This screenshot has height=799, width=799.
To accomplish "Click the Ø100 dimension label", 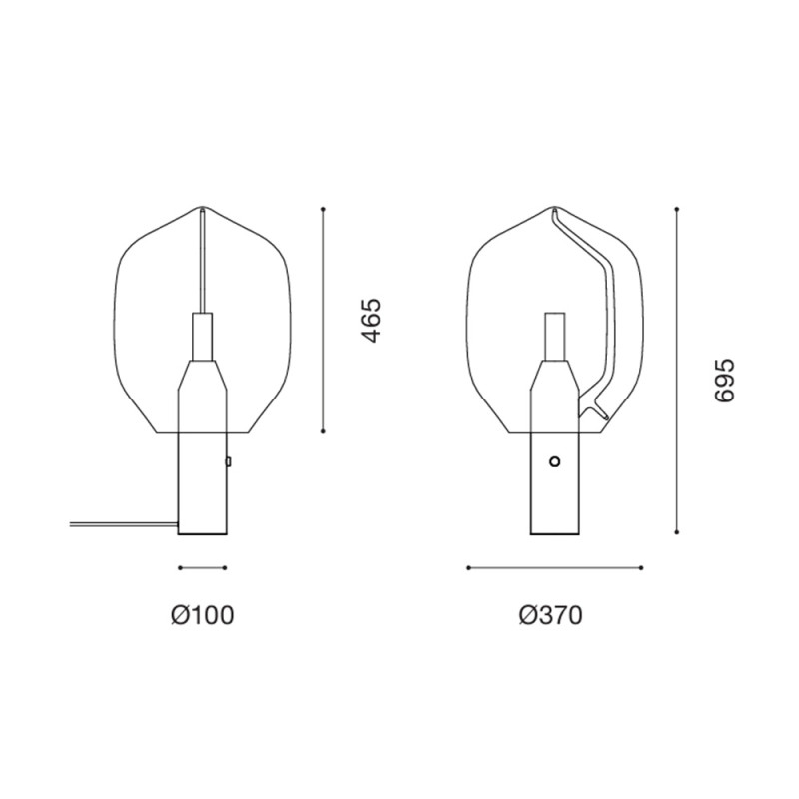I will tap(203, 615).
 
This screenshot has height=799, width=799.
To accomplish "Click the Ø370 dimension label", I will tap(550, 615).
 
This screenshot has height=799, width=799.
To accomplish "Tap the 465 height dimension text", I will tap(371, 321).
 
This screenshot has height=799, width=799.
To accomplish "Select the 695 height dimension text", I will tap(725, 380).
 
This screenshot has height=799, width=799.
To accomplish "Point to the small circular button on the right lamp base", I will tap(555, 461).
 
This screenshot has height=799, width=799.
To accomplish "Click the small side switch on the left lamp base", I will tap(229, 461).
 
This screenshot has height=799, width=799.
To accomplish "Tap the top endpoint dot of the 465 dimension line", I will tap(323, 209).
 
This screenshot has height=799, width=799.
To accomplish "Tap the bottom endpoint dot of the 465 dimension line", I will tap(323, 431).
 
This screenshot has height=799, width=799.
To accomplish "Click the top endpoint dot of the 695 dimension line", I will tap(677, 209).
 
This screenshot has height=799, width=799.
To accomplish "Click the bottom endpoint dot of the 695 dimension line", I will tap(677, 533).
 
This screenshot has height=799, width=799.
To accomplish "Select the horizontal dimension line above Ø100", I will tap(203, 567).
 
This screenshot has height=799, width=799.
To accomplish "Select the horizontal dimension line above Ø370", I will tap(554, 567).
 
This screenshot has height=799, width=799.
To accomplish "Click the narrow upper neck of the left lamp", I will tap(201, 337).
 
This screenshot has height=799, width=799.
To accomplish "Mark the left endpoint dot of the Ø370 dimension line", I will tap(468, 567).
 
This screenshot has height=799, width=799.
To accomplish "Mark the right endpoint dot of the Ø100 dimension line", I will tap(227, 567).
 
